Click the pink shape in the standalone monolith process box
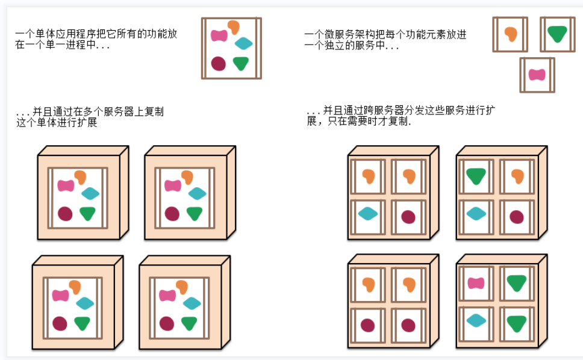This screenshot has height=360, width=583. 218,36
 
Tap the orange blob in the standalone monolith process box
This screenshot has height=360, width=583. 232,27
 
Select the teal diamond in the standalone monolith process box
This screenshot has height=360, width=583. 243,43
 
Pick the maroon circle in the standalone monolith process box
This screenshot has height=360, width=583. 218,63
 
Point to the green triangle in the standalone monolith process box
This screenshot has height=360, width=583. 241,63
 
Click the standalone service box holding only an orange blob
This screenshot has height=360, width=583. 510,34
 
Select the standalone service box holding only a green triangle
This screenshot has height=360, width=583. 557,34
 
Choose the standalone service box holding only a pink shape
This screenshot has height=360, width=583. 537,75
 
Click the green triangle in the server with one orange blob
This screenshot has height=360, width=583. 476,176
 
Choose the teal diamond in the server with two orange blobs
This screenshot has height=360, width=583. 367,213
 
